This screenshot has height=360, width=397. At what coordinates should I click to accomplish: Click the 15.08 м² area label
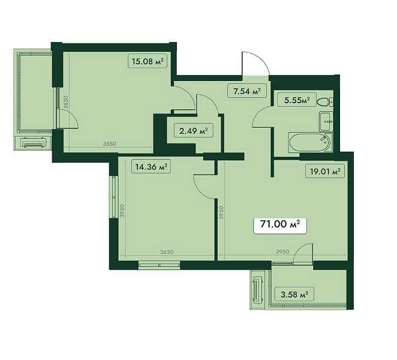pos(148,61)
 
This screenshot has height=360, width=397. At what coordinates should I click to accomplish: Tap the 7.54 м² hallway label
pos(247,91)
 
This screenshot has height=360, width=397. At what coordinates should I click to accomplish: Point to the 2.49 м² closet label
pos(194,131)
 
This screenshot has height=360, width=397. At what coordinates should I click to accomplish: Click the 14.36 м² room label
pos(151,167)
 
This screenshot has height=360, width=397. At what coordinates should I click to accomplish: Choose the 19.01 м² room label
pos(325,172)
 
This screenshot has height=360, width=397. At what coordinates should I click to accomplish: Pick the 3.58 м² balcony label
pos(294,294)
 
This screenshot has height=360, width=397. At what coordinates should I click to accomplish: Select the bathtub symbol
pos(310,143)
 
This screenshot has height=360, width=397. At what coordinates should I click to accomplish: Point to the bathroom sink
pos(326,122)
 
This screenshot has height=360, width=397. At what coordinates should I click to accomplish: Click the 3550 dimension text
pos(109,144)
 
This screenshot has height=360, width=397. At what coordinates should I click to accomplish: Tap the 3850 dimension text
pos(66,102)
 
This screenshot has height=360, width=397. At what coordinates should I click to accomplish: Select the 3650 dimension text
pos(167,252)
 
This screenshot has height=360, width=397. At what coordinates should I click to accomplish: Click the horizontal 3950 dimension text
pos(282,251)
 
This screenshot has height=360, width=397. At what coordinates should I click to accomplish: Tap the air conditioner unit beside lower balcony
pos(257,290)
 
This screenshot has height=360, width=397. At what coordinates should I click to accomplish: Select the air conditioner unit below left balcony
pos(34,143)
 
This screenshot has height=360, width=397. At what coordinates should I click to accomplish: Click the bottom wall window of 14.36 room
pos(160,265)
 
